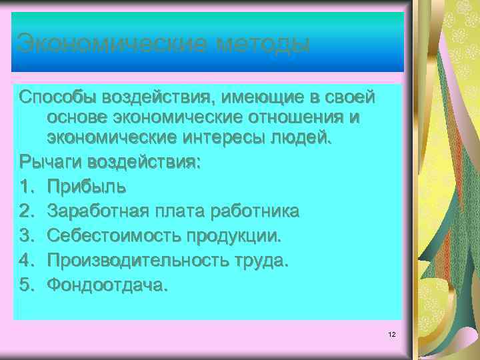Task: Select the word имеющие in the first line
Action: click(x=260, y=98)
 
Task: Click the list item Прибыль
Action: click(x=85, y=186)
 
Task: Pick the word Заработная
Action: click(x=99, y=211)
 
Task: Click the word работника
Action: click(x=255, y=211)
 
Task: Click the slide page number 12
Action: click(x=391, y=333)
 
